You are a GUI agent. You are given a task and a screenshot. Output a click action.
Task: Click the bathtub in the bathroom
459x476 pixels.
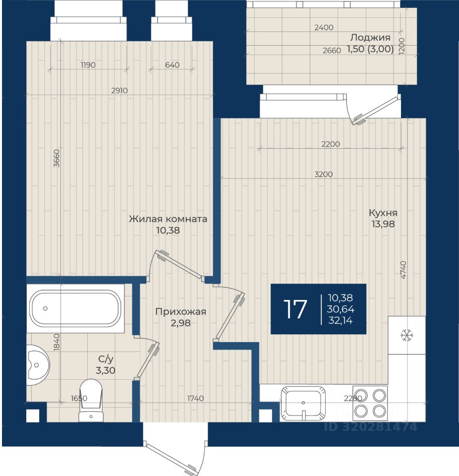[x=75, y=308]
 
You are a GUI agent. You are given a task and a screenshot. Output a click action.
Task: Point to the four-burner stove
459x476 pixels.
[x=370, y=403]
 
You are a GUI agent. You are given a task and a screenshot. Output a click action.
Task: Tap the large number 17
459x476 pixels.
[x=295, y=309]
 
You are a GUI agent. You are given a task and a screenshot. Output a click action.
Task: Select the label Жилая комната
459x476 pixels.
[x=168, y=219]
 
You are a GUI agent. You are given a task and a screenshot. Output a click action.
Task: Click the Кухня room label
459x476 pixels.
[x=383, y=213]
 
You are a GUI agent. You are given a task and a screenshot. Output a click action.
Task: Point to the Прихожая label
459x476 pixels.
[x=180, y=311]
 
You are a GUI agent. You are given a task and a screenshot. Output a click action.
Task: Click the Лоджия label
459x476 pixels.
[x=370, y=38]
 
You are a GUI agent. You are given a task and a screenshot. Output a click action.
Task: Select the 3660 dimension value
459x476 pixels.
[x=57, y=158]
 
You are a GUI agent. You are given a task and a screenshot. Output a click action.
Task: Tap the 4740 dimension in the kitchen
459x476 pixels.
[x=403, y=270]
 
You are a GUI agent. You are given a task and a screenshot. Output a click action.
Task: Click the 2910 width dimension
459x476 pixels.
[x=119, y=90]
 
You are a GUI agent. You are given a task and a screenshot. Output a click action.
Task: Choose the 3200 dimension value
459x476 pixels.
[x=324, y=174]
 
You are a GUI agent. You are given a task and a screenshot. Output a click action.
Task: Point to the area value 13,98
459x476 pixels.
[x=383, y=224]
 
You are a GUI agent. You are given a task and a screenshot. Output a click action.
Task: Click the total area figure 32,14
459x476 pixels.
[x=341, y=321]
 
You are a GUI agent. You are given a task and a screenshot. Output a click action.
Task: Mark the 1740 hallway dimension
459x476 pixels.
[x=195, y=398]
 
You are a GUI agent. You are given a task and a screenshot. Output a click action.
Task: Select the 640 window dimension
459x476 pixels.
[x=172, y=64]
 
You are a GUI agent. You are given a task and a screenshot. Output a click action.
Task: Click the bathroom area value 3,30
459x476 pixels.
[x=106, y=370]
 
